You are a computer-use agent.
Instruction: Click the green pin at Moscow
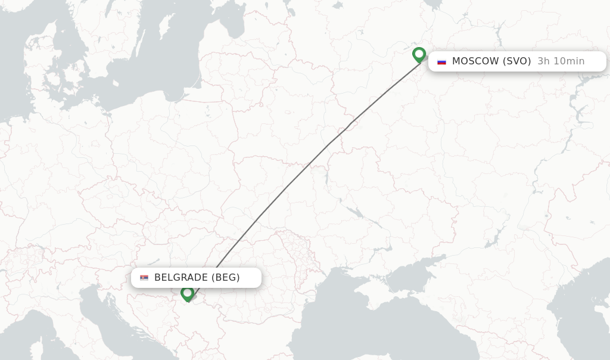pos(419,55)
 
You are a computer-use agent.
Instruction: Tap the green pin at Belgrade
pos(187,293)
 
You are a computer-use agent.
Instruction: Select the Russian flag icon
pos(441,61)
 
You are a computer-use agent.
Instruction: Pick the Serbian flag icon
pos(144,278)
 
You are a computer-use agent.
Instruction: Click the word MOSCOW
pos(475,61)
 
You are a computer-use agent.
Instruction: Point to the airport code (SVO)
pos(516,61)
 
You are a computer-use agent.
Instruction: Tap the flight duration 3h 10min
pos(561,61)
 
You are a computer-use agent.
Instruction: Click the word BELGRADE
pos(180,277)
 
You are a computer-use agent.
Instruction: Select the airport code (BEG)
pos(225,277)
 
